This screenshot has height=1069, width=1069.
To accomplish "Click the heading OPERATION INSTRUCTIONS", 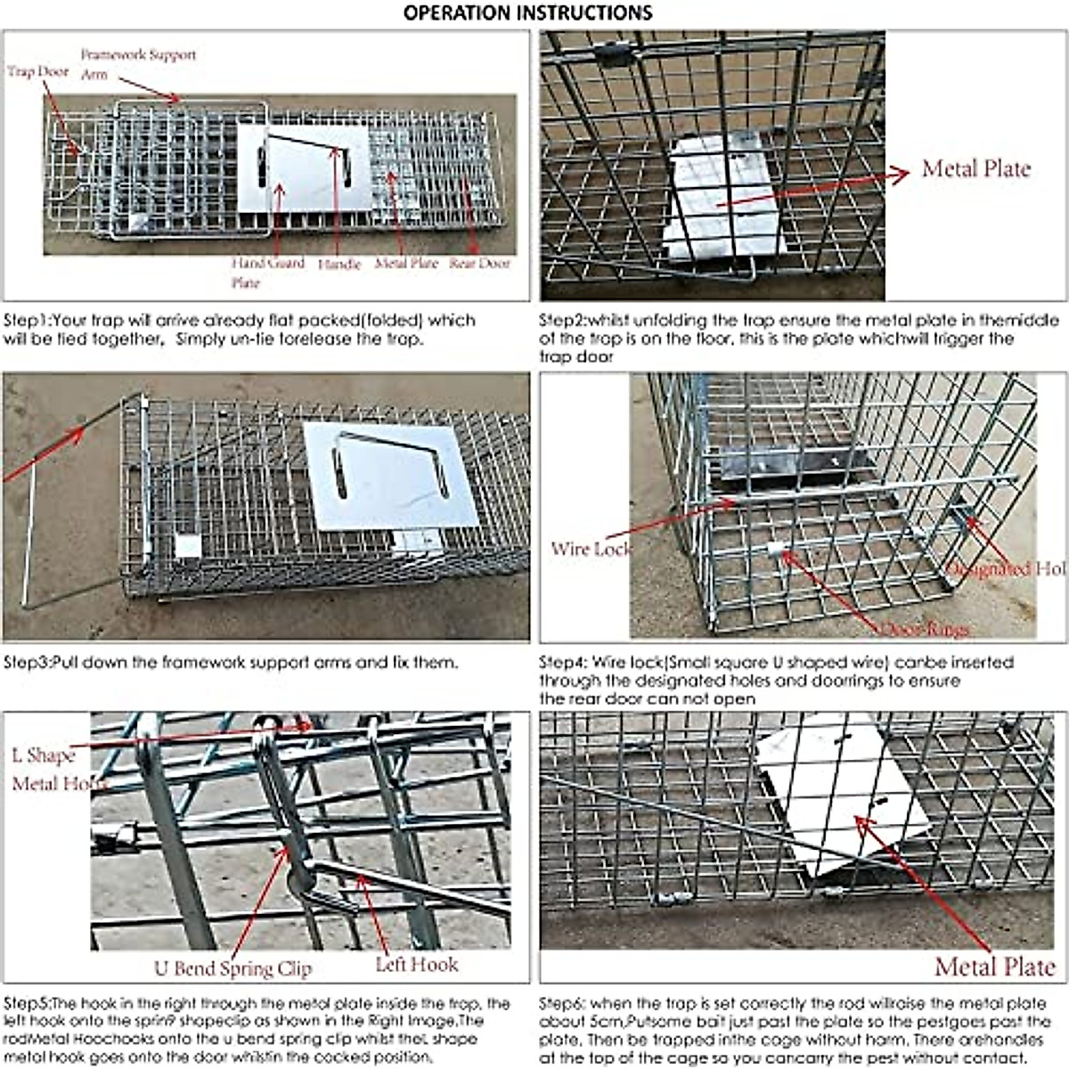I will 527,12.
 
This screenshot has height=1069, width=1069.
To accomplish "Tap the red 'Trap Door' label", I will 38,71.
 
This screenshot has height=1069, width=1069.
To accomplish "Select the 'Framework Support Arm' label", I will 137,63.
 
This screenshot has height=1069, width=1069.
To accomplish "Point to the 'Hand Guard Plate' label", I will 267,272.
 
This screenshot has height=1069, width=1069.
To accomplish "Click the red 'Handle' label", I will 339,264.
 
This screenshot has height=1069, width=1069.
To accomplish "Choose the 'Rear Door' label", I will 479,263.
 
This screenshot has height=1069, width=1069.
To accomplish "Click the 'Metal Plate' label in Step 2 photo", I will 975,168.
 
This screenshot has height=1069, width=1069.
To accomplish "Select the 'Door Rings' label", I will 924,630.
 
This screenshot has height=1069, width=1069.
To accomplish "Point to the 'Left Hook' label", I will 416,964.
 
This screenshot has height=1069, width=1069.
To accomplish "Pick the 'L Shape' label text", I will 44,755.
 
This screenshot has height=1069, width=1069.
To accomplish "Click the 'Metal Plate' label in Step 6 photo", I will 993,966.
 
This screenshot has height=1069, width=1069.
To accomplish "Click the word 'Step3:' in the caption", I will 29,663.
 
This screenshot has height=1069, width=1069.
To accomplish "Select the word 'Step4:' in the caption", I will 564,663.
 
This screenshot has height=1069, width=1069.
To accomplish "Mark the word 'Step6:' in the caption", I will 564,1004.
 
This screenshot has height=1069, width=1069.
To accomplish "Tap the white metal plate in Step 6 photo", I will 837,802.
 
